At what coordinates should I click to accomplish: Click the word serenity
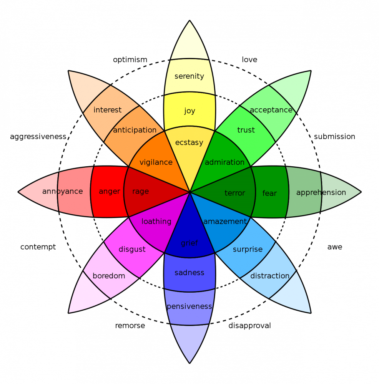(189, 76)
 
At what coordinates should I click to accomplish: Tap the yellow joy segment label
(189, 111)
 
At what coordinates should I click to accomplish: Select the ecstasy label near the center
(189, 142)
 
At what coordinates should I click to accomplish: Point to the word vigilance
(156, 162)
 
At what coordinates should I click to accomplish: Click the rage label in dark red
(140, 191)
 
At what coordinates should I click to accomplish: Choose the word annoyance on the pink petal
(62, 191)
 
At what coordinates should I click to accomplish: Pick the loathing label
(156, 221)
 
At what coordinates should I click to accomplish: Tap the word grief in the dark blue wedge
(189, 243)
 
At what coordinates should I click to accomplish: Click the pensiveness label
(189, 306)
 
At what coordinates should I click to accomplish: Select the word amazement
(225, 221)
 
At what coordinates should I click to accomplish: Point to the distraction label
(270, 276)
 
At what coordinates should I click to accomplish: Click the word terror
(234, 193)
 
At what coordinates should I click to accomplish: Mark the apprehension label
(321, 192)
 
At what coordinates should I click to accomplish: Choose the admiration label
(224, 162)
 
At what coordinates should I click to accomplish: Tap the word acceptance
(271, 110)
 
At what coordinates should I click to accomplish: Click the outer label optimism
(130, 60)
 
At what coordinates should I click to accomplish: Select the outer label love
(249, 60)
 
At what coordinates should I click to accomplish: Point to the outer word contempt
(38, 247)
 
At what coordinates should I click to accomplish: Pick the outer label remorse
(130, 326)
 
